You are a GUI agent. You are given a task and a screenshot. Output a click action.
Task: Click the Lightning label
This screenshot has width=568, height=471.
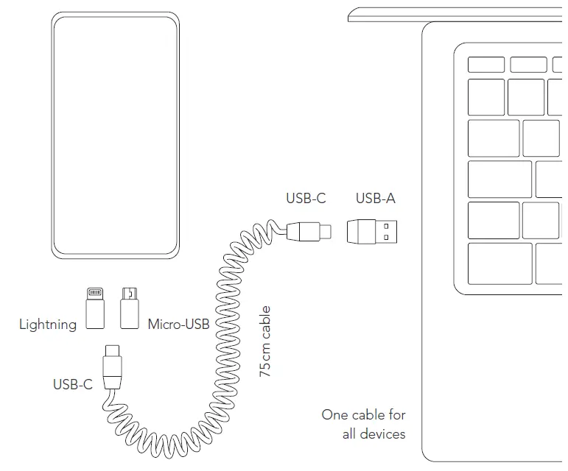point(47,324)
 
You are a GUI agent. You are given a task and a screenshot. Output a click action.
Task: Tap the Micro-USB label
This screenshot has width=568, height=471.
point(178,324)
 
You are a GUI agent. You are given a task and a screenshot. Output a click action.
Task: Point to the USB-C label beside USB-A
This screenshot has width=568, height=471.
point(306,198)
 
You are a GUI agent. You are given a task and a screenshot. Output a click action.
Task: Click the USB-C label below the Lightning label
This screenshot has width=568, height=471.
point(72,383)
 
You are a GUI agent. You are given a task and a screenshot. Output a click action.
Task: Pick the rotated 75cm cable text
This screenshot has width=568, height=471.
point(266,341)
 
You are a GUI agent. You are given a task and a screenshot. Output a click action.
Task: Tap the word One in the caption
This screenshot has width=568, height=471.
point(334,414)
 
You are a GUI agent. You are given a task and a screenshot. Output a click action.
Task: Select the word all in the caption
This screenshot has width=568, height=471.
point(351,433)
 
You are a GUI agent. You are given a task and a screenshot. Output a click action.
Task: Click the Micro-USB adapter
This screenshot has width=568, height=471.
point(131,308)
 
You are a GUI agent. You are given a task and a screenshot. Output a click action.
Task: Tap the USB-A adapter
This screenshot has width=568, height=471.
point(374,232)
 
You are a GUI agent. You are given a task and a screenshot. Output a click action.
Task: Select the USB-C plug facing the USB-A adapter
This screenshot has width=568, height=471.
point(309,231)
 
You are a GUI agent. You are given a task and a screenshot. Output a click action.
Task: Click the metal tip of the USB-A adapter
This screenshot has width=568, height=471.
point(390,232)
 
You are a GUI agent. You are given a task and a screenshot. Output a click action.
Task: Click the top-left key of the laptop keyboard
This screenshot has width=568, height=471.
point(485,65)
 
